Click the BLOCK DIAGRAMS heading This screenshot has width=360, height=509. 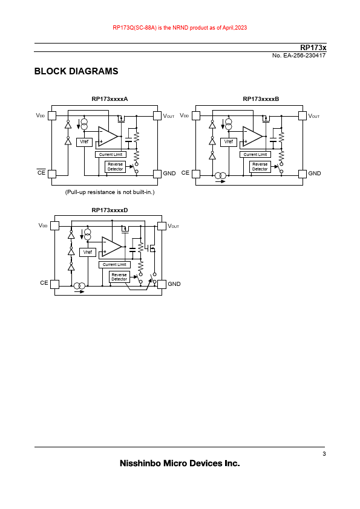tap(76, 71)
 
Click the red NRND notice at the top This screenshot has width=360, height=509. tap(180, 28)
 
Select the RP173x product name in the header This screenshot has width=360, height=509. tap(313, 47)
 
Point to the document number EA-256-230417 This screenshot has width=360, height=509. tap(299, 56)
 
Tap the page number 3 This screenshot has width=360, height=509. tap(324, 454)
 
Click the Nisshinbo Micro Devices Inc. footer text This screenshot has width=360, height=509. tap(180, 463)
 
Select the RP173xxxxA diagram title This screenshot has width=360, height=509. tap(110, 99)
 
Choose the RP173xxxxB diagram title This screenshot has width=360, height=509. tap(261, 99)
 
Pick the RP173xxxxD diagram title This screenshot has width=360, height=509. tap(110, 210)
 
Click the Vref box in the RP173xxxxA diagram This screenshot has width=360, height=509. tap(84, 142)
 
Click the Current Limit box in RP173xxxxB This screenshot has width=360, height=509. tap(255, 155)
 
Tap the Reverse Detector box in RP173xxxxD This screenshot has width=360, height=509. tap(119, 277)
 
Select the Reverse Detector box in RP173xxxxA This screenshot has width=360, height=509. tap(116, 167)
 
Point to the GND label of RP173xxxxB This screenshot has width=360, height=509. tap(315, 173)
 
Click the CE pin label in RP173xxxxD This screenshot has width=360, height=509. tap(44, 283)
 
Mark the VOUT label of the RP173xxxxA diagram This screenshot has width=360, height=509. tap(169, 116)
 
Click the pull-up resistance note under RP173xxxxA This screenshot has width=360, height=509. tap(110, 192)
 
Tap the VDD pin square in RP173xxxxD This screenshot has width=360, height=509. tap(54, 225)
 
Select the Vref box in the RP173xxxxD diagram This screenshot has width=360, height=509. tap(88, 252)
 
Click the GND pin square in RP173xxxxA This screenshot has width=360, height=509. tap(157, 174)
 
